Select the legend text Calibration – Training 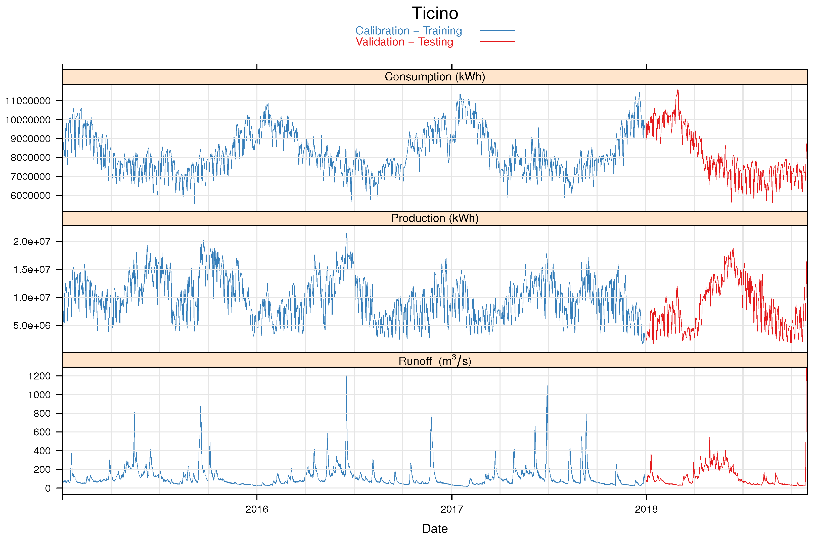pyautogui.click(x=408, y=31)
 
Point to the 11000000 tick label pyautogui.click(x=28, y=101)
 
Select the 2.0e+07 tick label pyautogui.click(x=32, y=242)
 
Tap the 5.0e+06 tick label pyautogui.click(x=32, y=325)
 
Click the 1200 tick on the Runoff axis pyautogui.click(x=39, y=376)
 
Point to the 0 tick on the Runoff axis pyautogui.click(x=48, y=488)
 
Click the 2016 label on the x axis pyautogui.click(x=257, y=509)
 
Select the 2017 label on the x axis pyautogui.click(x=451, y=509)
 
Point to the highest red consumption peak pyautogui.click(x=677, y=91)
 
